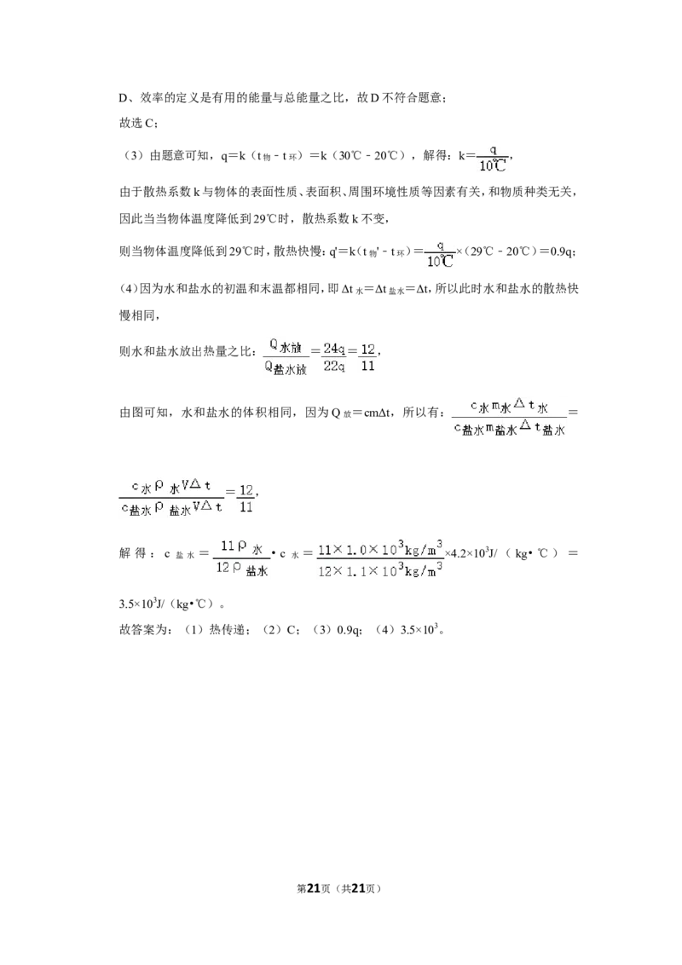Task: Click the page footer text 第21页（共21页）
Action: click(x=340, y=888)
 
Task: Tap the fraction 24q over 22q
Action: click(x=333, y=357)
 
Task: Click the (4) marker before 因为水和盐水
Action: click(x=129, y=289)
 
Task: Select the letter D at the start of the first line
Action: click(x=123, y=98)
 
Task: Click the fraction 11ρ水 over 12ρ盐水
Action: click(x=242, y=557)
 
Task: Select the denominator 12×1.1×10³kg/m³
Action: click(x=380, y=570)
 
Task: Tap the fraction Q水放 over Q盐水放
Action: click(x=286, y=357)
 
